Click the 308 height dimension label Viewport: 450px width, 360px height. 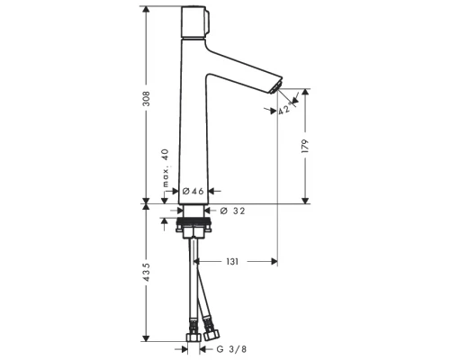click(x=146, y=99)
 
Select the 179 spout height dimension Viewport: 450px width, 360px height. click(x=305, y=146)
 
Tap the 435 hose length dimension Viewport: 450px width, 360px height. click(x=146, y=273)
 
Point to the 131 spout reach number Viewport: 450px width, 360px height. click(x=232, y=262)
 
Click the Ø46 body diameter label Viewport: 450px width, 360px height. click(x=193, y=191)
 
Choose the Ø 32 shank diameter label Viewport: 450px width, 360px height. click(x=232, y=211)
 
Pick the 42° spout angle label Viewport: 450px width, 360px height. click(x=284, y=109)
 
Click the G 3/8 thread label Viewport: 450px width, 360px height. click(x=231, y=349)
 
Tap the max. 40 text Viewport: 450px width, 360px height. click(x=166, y=168)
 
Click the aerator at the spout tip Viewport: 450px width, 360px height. click(x=277, y=86)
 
